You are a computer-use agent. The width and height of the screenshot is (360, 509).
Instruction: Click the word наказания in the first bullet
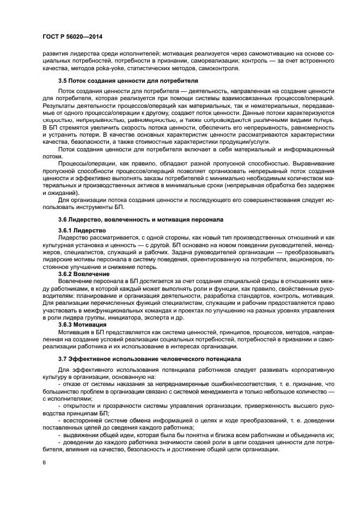tap(136, 384)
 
